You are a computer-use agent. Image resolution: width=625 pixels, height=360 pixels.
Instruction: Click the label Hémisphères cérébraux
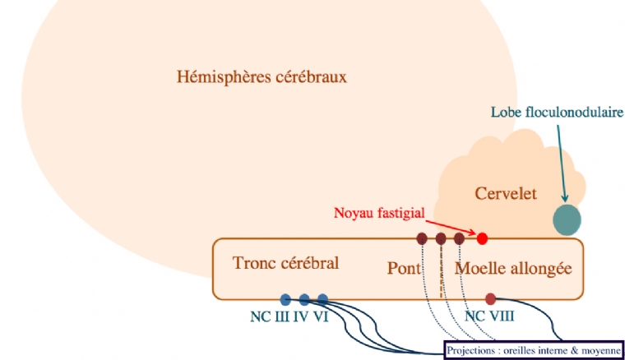pos(262,77)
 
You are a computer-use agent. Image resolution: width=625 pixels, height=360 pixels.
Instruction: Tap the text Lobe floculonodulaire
pos(557,112)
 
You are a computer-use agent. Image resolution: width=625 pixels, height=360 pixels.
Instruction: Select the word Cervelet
pos(506,194)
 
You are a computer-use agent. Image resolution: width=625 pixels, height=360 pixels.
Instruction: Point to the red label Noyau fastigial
pos(379,213)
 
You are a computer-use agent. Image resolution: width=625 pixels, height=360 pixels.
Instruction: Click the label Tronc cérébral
pos(286,264)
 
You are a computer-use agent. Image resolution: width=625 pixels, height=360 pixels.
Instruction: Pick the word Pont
pos(404,268)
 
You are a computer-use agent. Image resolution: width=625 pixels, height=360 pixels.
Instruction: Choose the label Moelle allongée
pos(512,268)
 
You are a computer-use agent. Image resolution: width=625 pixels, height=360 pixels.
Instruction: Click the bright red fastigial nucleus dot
pos(483,238)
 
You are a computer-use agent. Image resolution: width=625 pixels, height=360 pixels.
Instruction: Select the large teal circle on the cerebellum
pos(566,219)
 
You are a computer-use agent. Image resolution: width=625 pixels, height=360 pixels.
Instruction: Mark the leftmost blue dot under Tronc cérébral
pos(285,299)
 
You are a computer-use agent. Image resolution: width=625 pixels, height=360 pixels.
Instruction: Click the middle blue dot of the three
pos(304,299)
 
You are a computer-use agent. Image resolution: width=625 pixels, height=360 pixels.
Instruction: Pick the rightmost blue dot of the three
pos(322,299)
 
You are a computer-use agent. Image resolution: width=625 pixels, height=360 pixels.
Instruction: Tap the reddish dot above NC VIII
pos(491,298)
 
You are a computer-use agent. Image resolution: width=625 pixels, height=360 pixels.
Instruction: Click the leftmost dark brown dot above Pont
pos(422,238)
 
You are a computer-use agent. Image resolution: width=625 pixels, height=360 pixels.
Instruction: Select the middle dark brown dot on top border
pos(441,238)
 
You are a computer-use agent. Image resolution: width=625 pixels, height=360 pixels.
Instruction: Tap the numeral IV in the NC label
pos(300,316)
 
